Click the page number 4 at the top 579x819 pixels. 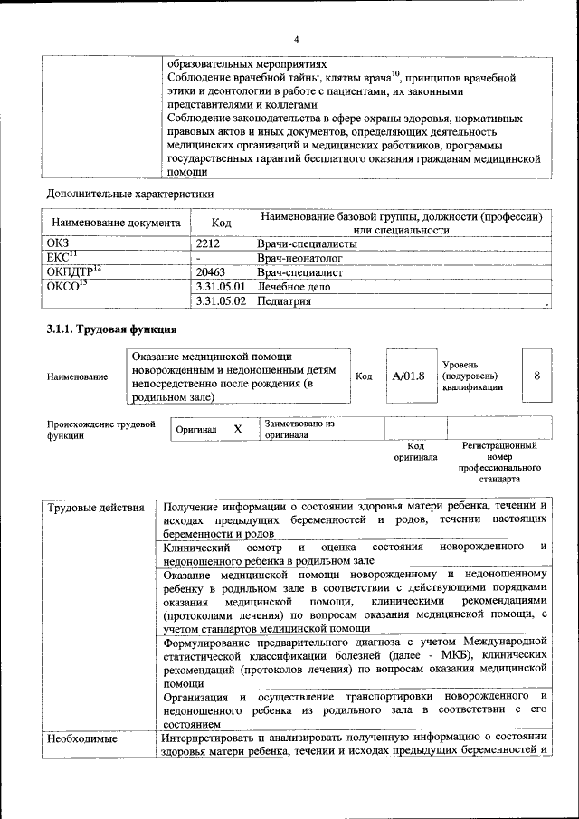(x=295, y=39)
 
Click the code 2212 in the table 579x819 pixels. (x=209, y=244)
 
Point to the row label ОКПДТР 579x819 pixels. (x=73, y=271)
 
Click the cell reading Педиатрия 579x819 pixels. (x=286, y=301)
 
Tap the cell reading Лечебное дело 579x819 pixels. (x=294, y=287)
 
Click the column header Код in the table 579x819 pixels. (x=221, y=223)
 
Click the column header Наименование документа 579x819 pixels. (x=116, y=223)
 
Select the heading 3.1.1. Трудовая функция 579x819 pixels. (x=110, y=329)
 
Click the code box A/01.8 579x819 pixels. (x=409, y=376)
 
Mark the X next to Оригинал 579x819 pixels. (x=238, y=429)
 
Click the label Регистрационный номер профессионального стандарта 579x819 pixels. (x=499, y=462)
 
